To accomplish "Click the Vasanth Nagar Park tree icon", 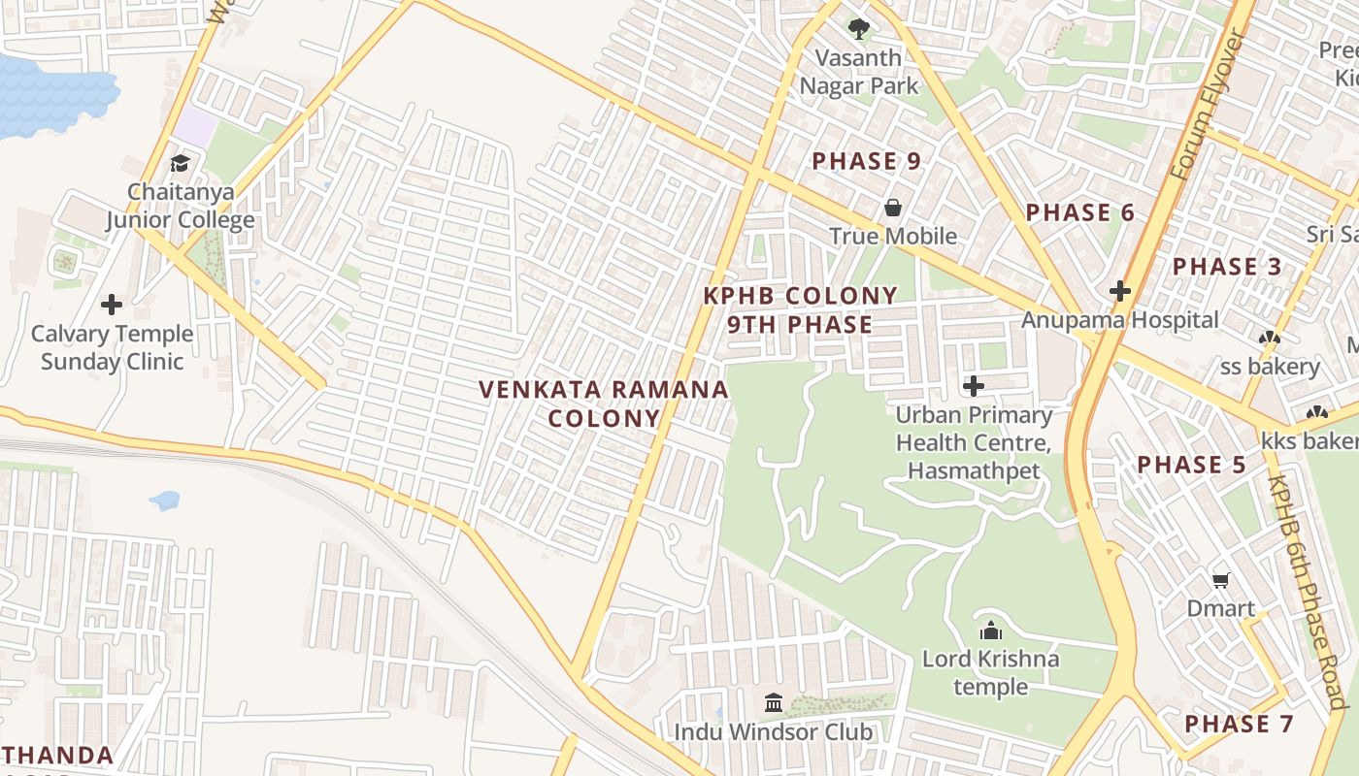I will tap(858, 28).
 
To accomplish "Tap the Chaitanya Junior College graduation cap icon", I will tap(180, 163).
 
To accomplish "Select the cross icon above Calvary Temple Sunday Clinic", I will tap(112, 305).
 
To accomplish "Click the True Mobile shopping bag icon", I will tap(892, 208).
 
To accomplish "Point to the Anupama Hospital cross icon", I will tap(1120, 290).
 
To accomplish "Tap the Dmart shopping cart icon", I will tap(1221, 580).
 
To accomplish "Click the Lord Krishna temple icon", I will tap(990, 630).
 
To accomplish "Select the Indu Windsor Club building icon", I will tap(774, 702).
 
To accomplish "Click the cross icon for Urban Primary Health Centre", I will tap(974, 386).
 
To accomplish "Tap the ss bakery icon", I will tap(1269, 339).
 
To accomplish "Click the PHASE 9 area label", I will tap(866, 161).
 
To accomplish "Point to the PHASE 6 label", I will tap(1079, 212).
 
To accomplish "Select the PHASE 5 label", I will tap(1191, 465).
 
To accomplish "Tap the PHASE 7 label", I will tap(1239, 724).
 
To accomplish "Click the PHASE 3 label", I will tap(1227, 266).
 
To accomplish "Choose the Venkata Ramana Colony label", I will tap(603, 404).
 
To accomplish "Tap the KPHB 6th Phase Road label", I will tap(1308, 592).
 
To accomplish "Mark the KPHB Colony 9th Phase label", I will tap(800, 309).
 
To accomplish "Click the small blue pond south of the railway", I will tap(164, 501).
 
